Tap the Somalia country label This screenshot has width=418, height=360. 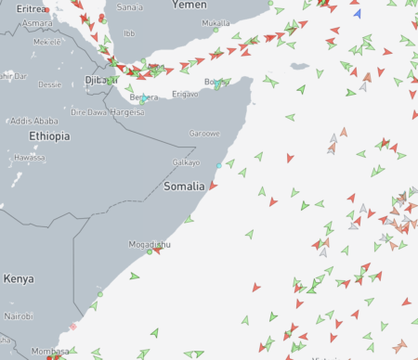click(x=183, y=186)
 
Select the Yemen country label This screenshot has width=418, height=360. click(x=189, y=6)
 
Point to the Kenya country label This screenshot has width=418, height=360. click(x=19, y=278)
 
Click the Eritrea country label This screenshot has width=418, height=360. click(x=32, y=7)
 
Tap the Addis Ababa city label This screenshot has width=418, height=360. click(x=34, y=122)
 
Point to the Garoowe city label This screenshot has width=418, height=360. click(x=204, y=133)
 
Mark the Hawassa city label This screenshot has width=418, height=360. click(x=30, y=158)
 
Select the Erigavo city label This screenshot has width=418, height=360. click(x=185, y=95)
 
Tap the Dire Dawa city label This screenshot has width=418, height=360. click(x=89, y=111)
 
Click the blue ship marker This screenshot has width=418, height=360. click(x=358, y=13)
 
